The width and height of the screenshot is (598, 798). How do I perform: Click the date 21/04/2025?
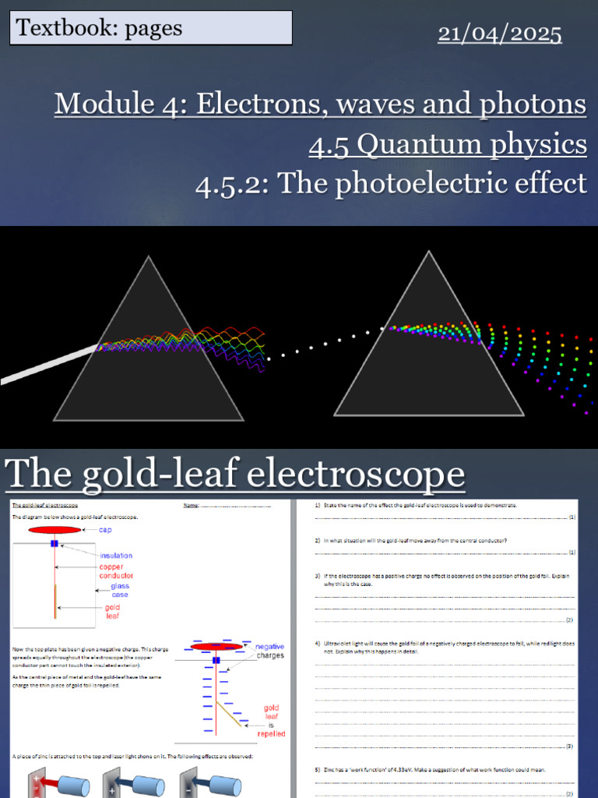click(499, 34)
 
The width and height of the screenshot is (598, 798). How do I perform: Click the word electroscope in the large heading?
click(343, 473)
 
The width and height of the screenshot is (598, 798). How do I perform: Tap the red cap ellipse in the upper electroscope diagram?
click(55, 530)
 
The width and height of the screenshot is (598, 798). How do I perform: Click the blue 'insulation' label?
click(115, 556)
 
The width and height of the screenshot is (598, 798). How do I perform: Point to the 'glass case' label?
click(119, 591)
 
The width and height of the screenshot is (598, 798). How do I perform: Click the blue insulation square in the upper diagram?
click(55, 543)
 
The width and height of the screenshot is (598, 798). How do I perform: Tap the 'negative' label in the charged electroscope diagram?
click(270, 647)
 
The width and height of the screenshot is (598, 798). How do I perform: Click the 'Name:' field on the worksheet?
click(192, 505)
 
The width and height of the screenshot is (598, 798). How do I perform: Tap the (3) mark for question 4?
click(569, 746)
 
